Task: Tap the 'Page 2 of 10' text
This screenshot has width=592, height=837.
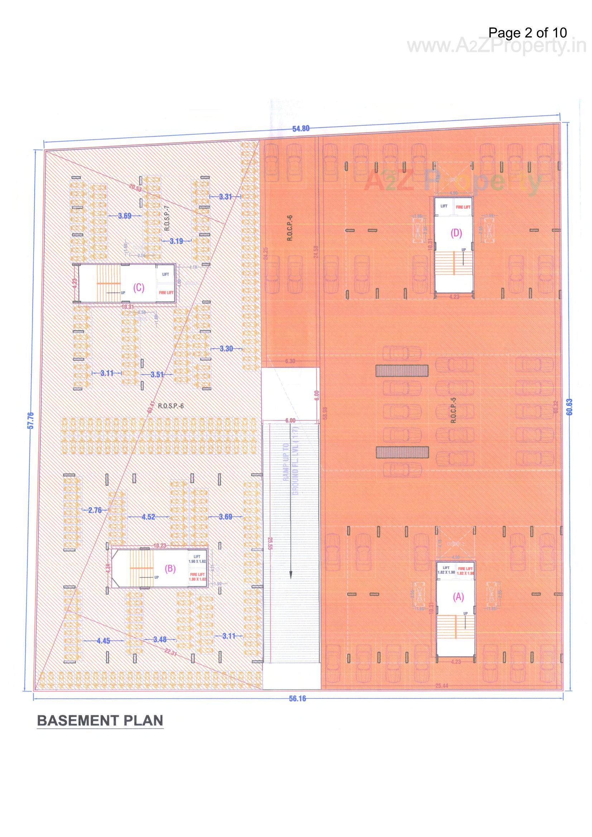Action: coord(528,33)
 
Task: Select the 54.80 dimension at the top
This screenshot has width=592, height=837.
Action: coord(300,129)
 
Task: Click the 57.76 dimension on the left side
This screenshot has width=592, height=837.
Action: coord(31,420)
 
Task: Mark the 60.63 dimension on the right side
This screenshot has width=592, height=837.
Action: coord(570,407)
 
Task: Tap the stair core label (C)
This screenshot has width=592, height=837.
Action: coord(139,287)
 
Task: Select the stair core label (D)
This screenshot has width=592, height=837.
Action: coord(456,233)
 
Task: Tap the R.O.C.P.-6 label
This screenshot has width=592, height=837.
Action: coord(290,228)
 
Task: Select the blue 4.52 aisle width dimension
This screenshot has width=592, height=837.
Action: coord(149,517)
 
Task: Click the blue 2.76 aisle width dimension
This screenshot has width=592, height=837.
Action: coord(95,510)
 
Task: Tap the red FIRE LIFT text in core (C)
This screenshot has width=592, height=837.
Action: coord(166,292)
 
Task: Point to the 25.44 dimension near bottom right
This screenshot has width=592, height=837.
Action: coord(441,686)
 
